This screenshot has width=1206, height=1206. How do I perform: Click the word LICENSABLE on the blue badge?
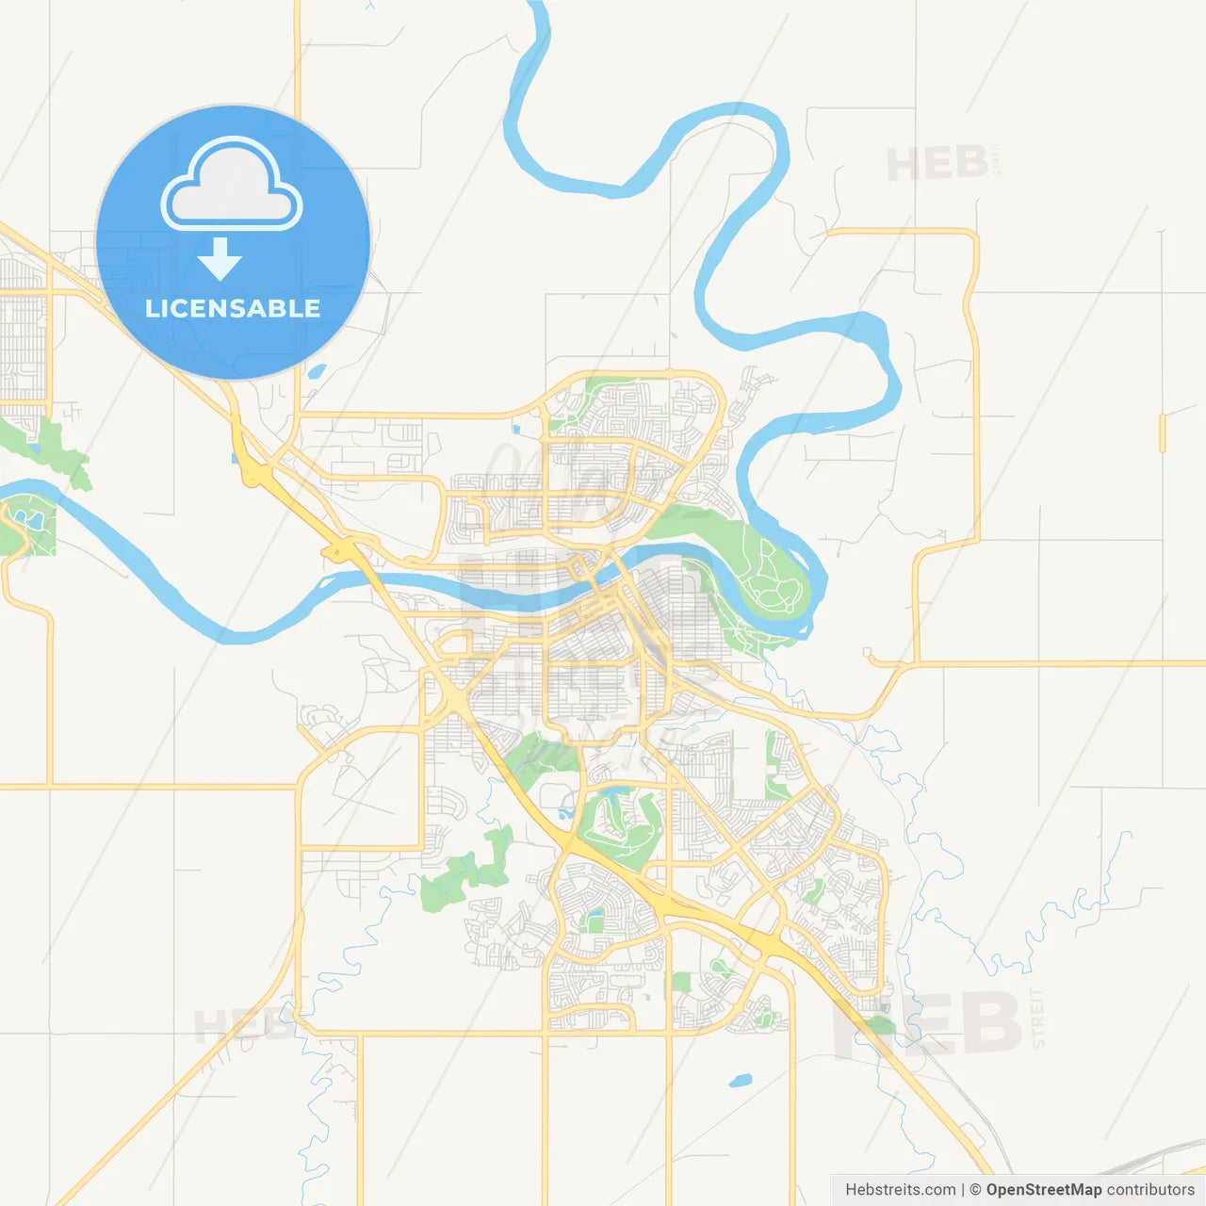coord(233,308)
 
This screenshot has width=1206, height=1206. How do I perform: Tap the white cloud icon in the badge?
coord(232,186)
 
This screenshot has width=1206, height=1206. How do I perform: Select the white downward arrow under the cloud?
coord(220,259)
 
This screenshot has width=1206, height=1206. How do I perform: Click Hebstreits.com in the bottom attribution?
coord(901,1190)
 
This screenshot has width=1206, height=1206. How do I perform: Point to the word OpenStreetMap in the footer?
coord(1044,1190)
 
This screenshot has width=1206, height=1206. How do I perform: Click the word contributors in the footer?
coord(1150,1190)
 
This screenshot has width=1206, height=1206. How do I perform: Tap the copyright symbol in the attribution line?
coord(976,1190)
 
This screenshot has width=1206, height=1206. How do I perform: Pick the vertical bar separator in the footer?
coord(963,1190)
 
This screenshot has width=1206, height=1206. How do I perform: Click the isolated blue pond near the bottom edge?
coord(741,1081)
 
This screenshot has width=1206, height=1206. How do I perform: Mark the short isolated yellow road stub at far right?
coord(1163,432)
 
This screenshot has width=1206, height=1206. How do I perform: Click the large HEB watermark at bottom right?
coord(928,1023)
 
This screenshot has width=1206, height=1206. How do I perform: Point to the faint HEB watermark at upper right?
coord(937,164)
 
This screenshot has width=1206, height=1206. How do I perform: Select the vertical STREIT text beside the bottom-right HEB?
coord(1038,1019)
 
